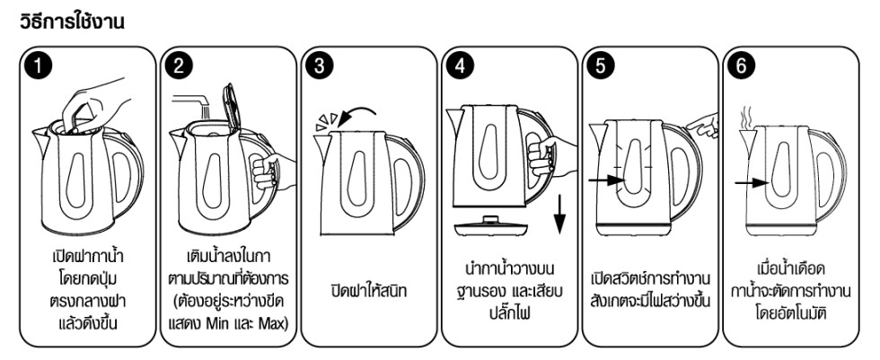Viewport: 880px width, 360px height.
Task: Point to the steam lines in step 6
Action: [x=744, y=117]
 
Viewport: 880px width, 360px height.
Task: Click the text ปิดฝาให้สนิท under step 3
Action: [x=365, y=291]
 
